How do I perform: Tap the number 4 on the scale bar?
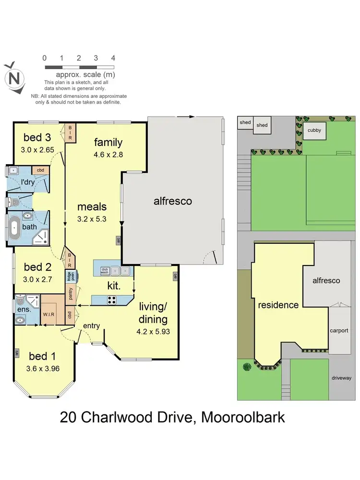113,58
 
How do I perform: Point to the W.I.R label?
48,314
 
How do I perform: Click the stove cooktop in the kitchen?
111,300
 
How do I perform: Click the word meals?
92,207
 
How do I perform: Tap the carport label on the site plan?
339,331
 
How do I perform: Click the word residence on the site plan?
278,305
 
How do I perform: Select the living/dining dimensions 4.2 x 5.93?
154,331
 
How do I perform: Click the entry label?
91,326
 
